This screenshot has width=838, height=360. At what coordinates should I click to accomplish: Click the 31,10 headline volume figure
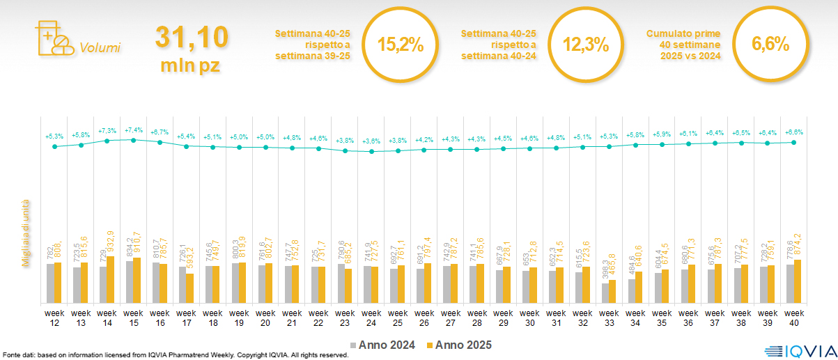click(x=191, y=37)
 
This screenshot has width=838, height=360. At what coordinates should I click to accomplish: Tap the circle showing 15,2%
click(x=400, y=45)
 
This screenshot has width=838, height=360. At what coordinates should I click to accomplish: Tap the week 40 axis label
click(x=794, y=317)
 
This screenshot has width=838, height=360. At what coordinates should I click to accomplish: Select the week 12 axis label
click(x=54, y=317)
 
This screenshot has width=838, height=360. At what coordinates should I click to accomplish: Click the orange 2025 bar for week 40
click(x=798, y=281)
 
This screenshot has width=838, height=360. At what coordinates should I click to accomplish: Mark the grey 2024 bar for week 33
click(x=606, y=293)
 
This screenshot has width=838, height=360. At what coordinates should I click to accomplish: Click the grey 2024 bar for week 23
click(x=341, y=283)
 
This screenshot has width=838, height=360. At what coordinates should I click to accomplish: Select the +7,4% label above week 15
click(x=133, y=130)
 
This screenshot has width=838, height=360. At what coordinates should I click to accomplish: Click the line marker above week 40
click(x=793, y=142)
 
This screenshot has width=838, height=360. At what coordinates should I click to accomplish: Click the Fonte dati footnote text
click(x=174, y=355)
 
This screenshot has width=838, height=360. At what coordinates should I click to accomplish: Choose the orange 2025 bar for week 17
click(x=189, y=288)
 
